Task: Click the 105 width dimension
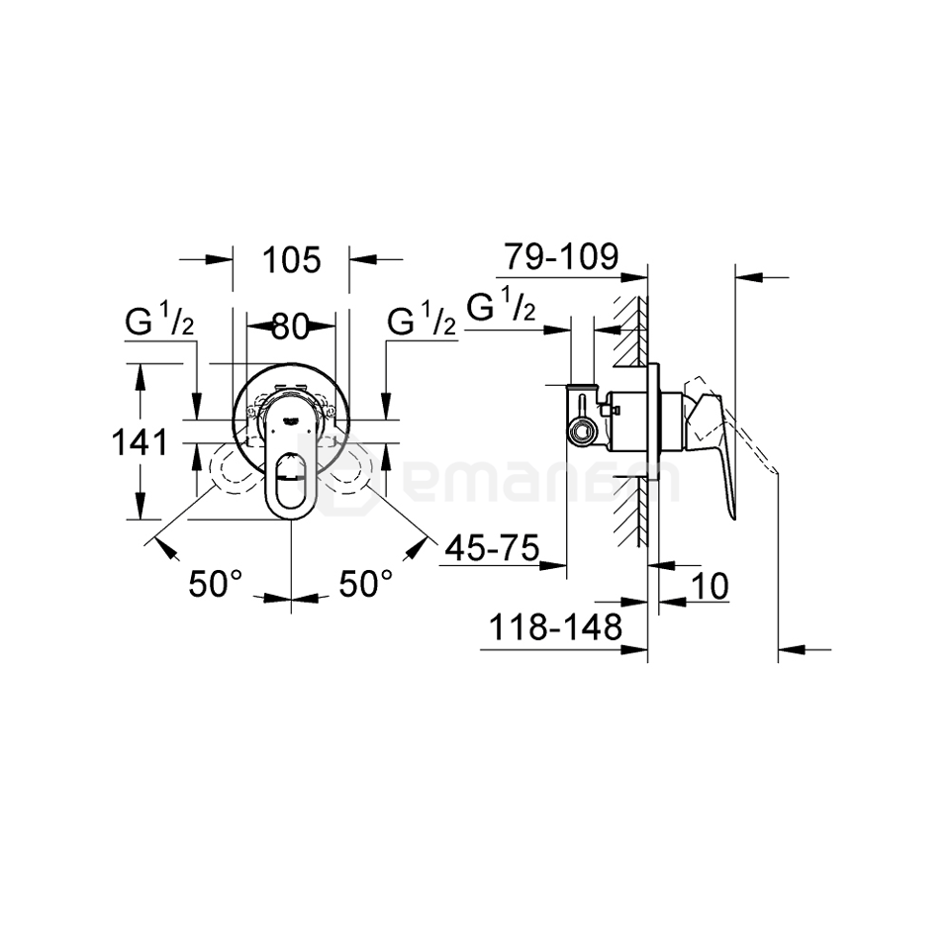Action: pyautogui.click(x=293, y=260)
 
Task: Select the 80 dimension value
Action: pyautogui.click(x=291, y=326)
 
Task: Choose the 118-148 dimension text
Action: pyautogui.click(x=554, y=625)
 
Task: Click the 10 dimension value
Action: pyautogui.click(x=709, y=587)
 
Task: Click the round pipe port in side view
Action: pyautogui.click(x=584, y=430)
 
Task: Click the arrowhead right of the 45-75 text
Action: pyautogui.click(x=553, y=566)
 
